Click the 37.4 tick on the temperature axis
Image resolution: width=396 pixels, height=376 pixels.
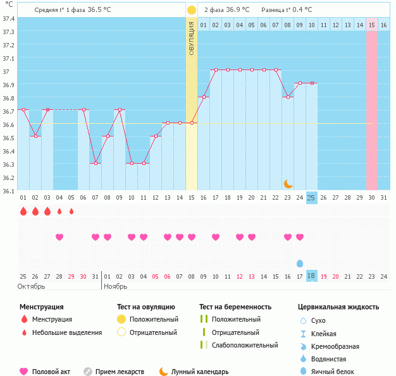[9, 19]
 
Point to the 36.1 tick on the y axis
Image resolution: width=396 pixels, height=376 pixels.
[9, 191]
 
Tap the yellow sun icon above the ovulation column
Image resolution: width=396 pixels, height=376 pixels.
[191, 10]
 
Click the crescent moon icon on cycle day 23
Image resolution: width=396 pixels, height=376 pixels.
[288, 183]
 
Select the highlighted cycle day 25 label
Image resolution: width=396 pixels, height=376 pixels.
[311, 198]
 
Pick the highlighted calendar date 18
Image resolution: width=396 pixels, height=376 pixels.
[311, 276]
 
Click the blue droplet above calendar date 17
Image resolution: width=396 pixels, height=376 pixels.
[300, 263]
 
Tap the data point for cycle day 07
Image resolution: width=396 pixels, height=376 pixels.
[96, 163]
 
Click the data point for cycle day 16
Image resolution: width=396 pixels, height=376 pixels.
[204, 97]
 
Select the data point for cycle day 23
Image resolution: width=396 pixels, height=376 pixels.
[288, 97]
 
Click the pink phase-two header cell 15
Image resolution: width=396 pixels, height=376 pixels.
[372, 25]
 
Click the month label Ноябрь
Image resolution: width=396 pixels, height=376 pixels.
[115, 286]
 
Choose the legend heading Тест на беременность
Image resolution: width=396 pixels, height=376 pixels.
[235, 307]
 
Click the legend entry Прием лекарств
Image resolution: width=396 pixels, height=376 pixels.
[120, 372]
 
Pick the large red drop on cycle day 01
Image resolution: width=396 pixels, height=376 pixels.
[23, 211]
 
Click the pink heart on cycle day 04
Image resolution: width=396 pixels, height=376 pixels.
[59, 237]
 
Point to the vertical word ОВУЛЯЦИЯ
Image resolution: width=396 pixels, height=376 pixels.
[191, 38]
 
